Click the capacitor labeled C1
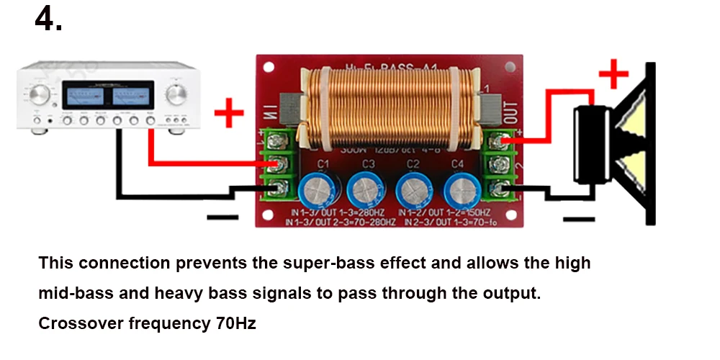pos(317,191)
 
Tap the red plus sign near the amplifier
pos(229,113)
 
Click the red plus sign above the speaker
pos(613,73)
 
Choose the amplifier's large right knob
pos(176,94)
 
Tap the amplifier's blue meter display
pos(108,96)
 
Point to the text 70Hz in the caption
pos(235,324)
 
